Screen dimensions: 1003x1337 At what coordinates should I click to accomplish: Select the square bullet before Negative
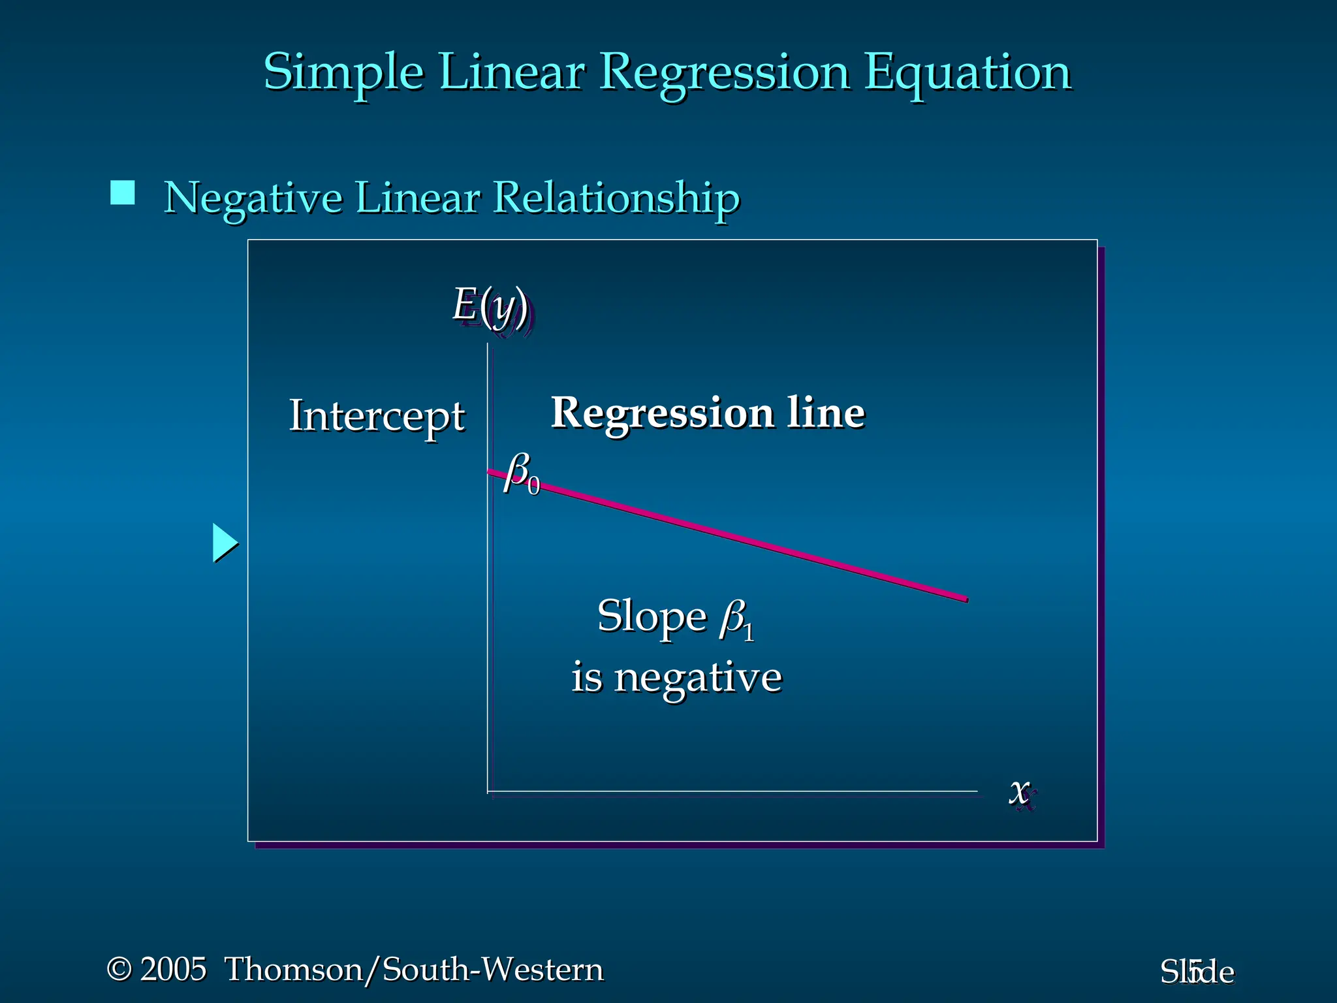[x=123, y=193]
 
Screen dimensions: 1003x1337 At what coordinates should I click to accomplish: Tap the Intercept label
[x=377, y=416]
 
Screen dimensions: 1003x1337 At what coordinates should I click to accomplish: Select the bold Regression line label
[x=708, y=413]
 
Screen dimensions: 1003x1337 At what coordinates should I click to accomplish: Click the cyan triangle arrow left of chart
[x=224, y=543]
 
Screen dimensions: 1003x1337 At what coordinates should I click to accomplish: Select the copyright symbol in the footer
[x=119, y=969]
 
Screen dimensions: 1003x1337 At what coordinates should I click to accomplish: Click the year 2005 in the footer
[x=174, y=969]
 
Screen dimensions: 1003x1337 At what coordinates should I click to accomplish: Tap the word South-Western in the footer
[x=493, y=969]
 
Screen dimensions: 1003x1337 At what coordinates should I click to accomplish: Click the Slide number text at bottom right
[x=1197, y=972]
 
